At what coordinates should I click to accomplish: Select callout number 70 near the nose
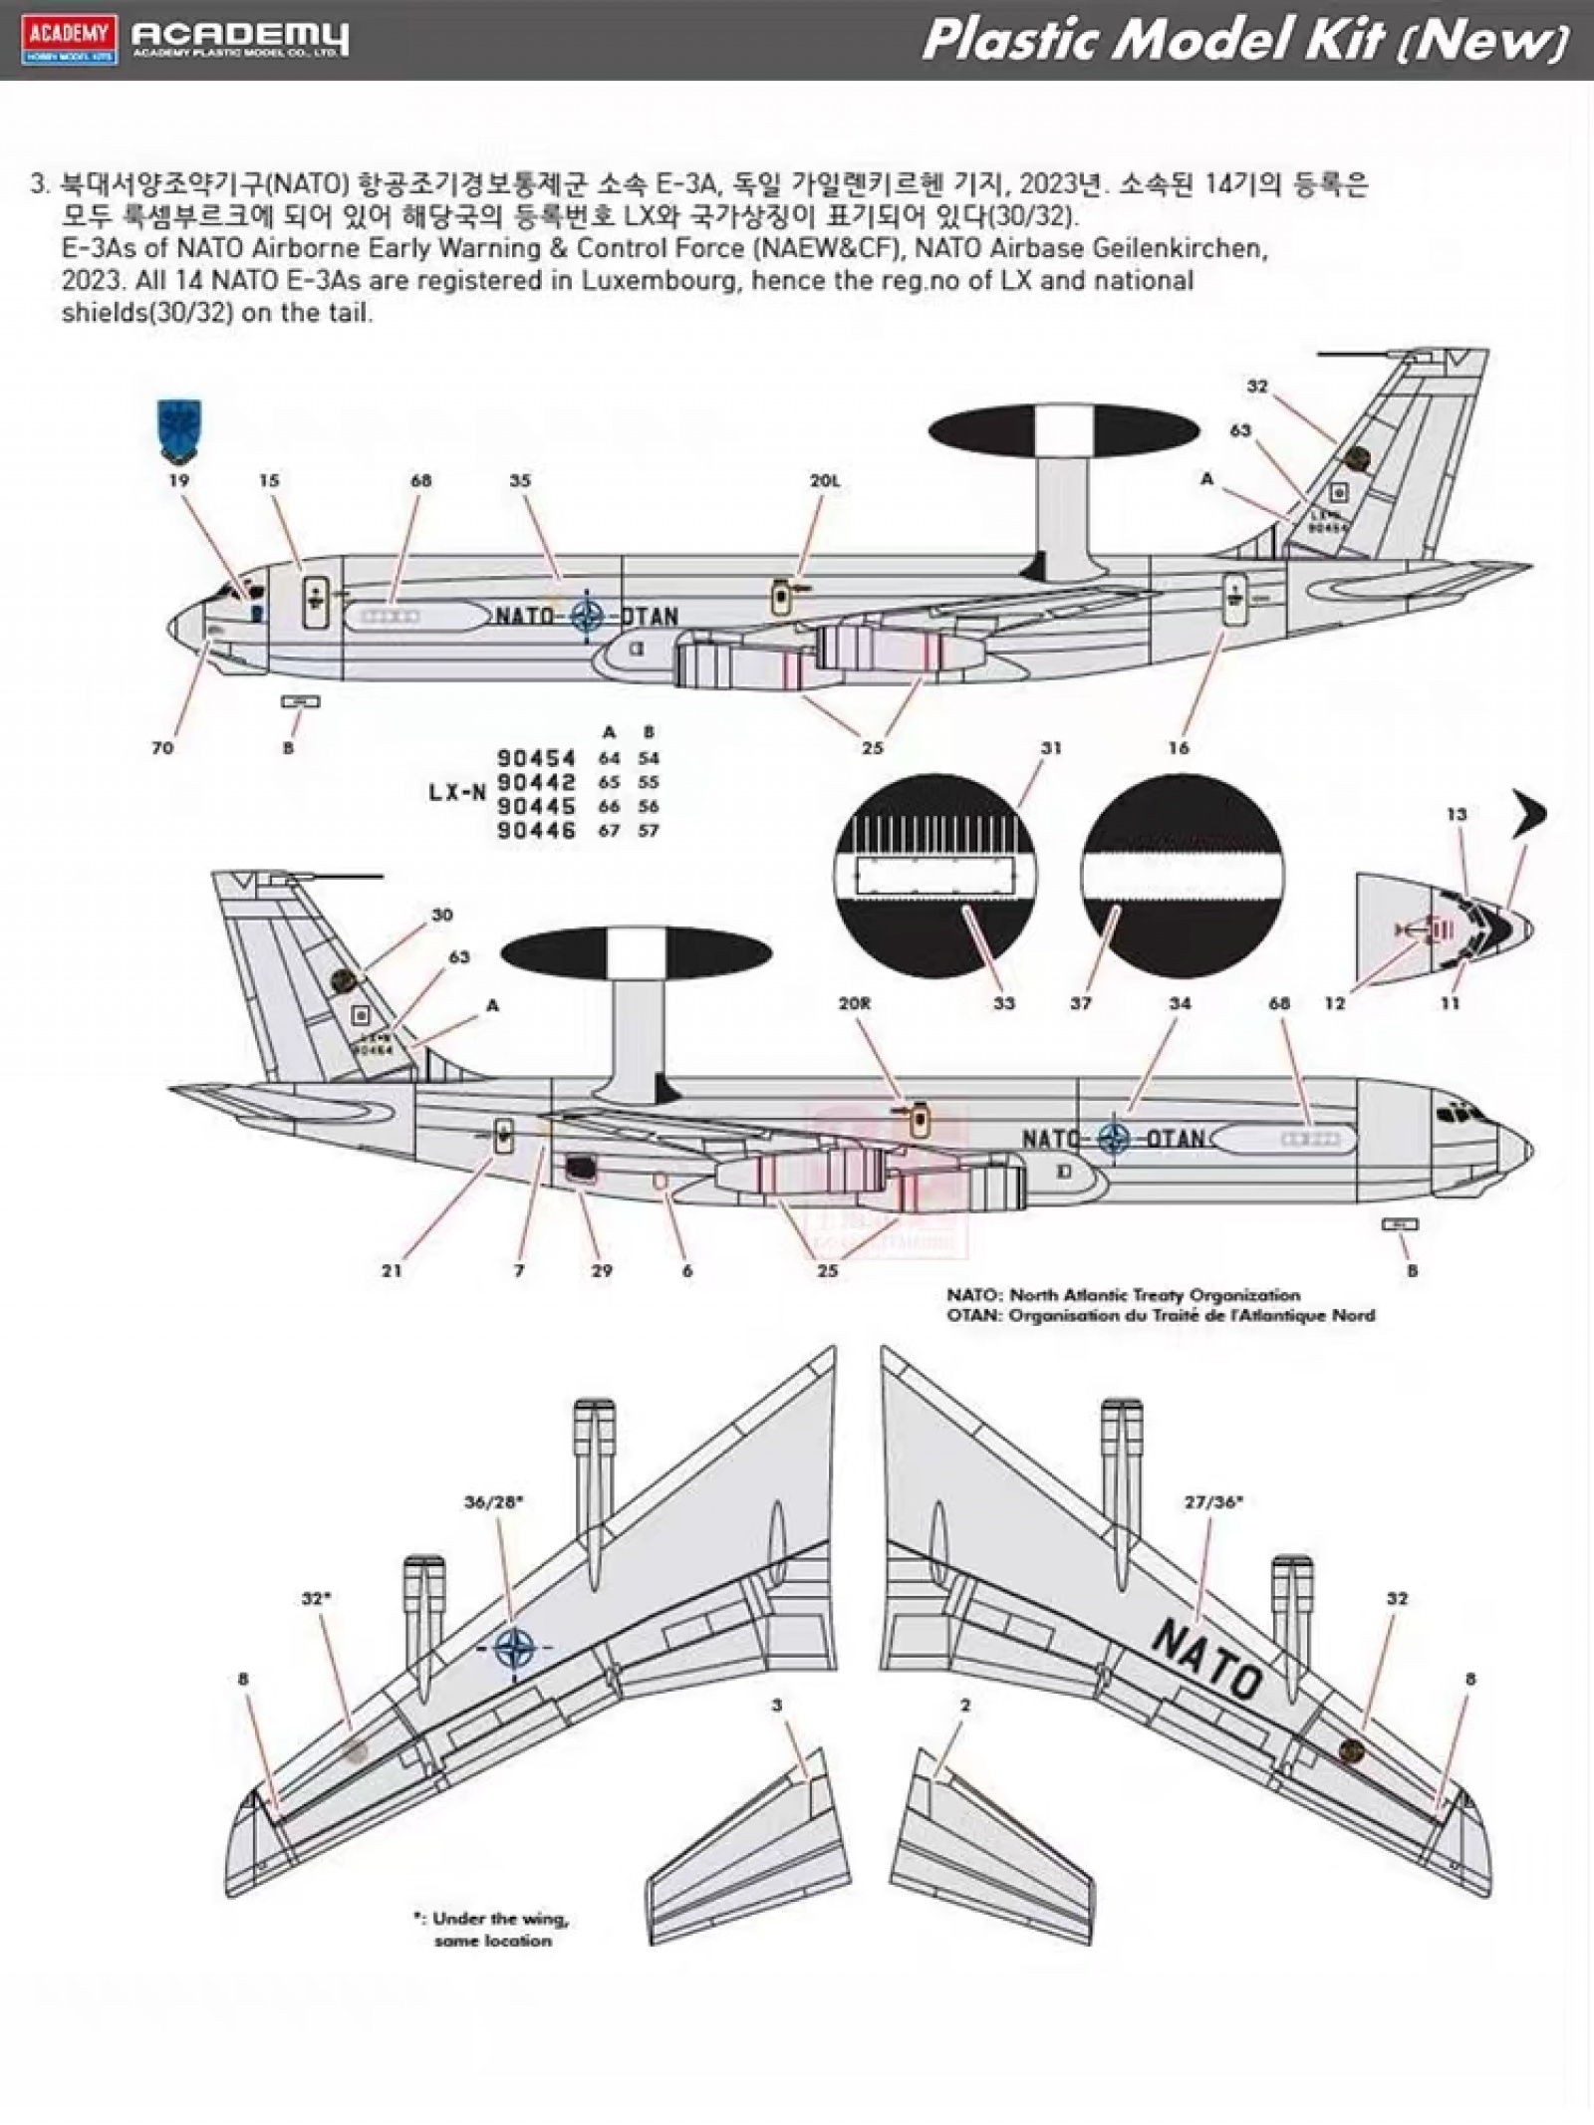161,747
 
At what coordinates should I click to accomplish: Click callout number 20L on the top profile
824,480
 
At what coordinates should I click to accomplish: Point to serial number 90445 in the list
536,806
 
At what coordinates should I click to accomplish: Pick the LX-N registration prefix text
457,793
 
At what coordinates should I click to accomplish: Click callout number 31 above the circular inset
1050,747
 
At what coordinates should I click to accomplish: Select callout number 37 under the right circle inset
1081,1003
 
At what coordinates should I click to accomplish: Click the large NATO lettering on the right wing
1206,1661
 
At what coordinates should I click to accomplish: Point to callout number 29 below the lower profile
602,1270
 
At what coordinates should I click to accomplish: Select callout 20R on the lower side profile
854,1003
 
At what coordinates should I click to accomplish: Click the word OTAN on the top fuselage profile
649,617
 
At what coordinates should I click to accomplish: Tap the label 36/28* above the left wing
493,1502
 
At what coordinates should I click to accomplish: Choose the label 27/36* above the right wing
1213,1502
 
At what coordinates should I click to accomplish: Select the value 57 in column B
649,830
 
